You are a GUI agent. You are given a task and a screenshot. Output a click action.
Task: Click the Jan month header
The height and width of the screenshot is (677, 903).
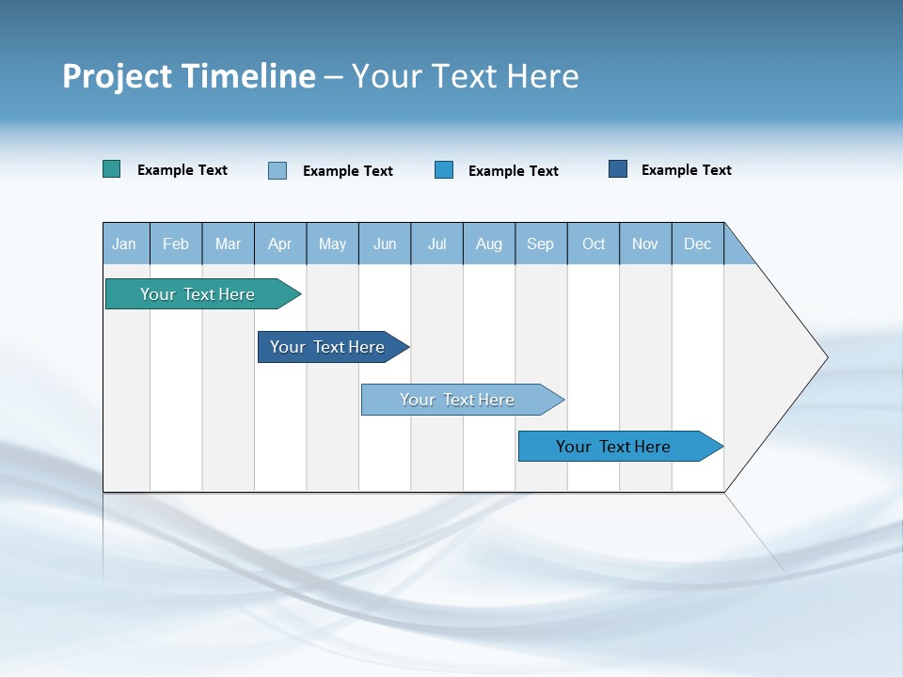coord(124,244)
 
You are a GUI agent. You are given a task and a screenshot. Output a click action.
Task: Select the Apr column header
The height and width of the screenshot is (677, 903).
coord(279,244)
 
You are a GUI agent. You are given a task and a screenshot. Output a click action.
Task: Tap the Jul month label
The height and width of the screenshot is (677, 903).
coord(436,244)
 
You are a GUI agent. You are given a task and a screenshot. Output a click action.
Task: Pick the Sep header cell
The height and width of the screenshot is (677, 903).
coord(540,244)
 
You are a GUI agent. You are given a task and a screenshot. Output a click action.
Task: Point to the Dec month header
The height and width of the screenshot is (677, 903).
coord(697,244)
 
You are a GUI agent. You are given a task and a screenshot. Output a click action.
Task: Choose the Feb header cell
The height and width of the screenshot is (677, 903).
coord(176,244)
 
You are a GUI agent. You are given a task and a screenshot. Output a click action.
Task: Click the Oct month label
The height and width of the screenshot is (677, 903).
coord(594,244)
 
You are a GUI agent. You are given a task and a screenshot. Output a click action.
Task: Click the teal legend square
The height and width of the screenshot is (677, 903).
coord(112,169)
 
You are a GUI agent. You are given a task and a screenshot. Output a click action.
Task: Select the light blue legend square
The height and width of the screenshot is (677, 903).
coord(277,170)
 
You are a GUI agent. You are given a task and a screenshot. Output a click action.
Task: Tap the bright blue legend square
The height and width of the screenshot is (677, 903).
coord(444,169)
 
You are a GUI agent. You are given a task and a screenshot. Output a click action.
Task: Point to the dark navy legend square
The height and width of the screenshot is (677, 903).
coord(618,169)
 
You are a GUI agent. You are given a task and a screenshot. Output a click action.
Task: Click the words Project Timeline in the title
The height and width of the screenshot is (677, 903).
coord(188,76)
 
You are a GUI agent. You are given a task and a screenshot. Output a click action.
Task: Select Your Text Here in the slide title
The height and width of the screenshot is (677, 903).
coord(465,76)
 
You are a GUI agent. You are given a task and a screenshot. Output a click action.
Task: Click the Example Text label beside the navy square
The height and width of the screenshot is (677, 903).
coord(686,170)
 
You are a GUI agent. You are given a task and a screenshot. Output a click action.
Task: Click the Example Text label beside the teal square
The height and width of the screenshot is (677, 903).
coord(182,170)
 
